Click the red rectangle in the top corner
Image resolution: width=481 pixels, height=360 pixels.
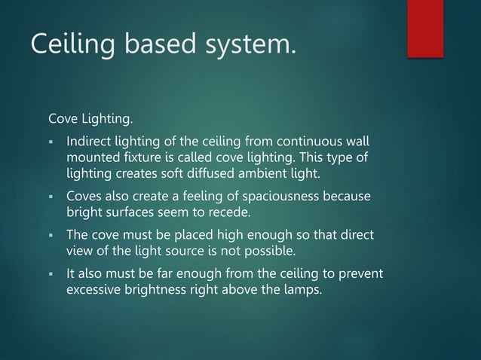tap(424, 27)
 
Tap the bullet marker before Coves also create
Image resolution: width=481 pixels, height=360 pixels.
tap(50, 198)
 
